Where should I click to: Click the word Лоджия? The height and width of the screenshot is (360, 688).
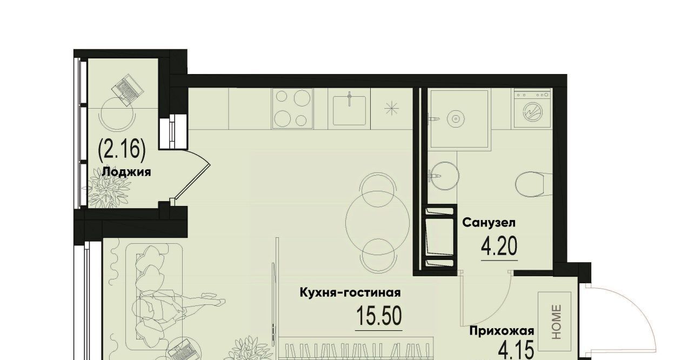tap(126, 172)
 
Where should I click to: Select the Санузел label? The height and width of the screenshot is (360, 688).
tap(489, 222)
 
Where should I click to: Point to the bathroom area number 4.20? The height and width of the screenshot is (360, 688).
tap(499, 246)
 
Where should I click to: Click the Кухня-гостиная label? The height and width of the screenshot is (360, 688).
tap(350, 292)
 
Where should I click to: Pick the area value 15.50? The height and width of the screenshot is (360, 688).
tap(379, 316)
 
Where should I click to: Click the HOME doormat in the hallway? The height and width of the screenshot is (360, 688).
tap(555, 321)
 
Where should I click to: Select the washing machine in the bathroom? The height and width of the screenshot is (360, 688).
tap(532, 109)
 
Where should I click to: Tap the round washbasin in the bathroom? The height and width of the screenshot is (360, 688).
tap(445, 176)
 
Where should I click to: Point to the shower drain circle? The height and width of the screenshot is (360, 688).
tap(455, 118)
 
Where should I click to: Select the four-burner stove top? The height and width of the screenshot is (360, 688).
tap(292, 108)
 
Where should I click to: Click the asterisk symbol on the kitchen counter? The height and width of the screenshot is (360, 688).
tap(392, 109)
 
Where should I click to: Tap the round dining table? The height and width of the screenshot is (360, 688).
tap(377, 222)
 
